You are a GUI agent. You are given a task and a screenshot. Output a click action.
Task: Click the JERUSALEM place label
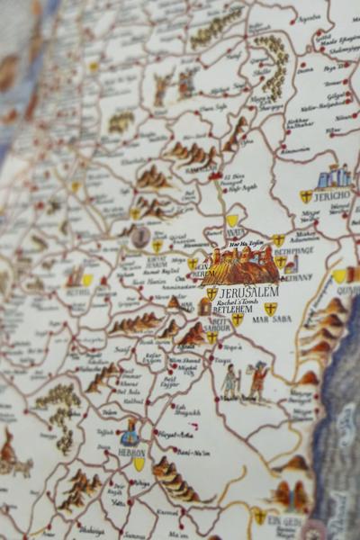[x=247, y=293]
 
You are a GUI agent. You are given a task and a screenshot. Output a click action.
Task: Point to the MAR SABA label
[x=271, y=319]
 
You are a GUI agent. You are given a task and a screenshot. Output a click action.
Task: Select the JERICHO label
[x=332, y=196]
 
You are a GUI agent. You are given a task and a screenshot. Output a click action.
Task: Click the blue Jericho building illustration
[x=334, y=175]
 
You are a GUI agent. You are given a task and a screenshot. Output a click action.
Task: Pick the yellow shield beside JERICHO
[x=306, y=196]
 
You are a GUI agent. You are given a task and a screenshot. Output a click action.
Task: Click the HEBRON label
[x=131, y=453]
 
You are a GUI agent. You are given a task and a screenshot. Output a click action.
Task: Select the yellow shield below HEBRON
[x=139, y=464]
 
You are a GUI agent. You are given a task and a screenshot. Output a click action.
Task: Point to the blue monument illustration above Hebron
[x=130, y=433]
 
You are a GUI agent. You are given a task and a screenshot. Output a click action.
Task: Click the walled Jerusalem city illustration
[x=240, y=266]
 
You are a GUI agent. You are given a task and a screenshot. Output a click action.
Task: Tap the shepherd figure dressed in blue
[x=230, y=382]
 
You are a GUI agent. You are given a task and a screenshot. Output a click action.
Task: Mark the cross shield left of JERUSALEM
[x=211, y=293]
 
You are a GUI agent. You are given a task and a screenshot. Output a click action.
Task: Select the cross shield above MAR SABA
[x=270, y=308]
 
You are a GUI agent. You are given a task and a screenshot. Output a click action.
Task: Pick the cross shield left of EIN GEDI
[x=259, y=517]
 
